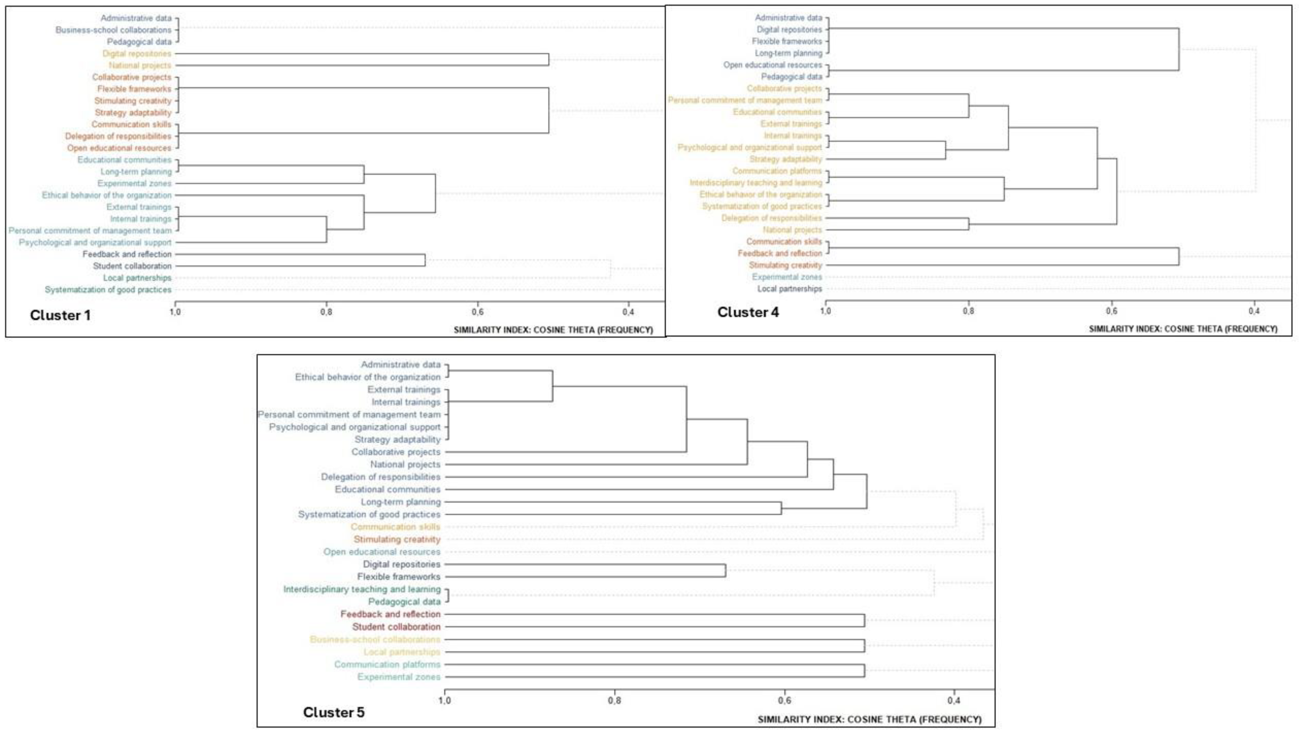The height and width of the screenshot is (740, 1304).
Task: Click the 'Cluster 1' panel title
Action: [60, 315]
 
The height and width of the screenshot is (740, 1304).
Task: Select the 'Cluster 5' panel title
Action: [333, 712]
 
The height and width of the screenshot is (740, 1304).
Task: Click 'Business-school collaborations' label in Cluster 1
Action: [113, 30]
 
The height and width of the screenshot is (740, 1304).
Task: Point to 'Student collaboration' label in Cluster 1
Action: [132, 266]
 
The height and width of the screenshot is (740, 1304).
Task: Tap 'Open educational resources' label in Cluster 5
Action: [382, 552]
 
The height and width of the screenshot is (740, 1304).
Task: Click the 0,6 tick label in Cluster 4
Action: [1112, 311]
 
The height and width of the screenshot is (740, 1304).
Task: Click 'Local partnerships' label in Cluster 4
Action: [789, 289]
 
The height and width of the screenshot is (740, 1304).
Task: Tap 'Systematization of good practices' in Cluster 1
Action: [108, 290]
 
